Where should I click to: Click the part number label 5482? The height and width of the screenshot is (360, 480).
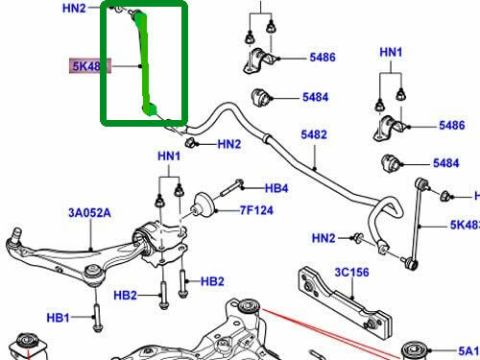(314, 135)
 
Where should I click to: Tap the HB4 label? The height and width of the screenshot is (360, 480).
(276, 188)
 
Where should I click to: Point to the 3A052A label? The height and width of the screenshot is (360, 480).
(89, 214)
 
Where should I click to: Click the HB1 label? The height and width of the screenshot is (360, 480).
(59, 318)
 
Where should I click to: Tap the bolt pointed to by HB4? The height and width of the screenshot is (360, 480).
(235, 188)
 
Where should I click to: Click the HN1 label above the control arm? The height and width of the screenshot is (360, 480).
(169, 156)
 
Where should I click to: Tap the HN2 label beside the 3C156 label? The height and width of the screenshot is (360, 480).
(323, 238)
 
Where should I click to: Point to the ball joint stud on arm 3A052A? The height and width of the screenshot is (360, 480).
(15, 234)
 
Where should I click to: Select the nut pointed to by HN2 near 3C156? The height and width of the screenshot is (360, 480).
(357, 235)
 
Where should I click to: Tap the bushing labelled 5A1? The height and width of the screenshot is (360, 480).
(417, 348)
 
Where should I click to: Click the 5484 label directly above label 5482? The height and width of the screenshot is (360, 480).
(316, 97)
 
